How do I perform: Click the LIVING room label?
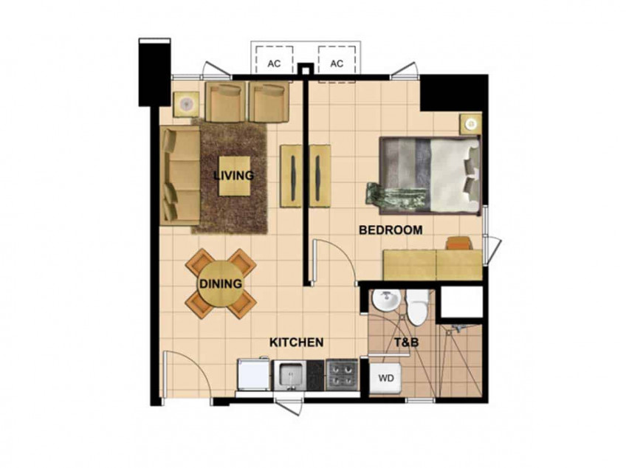pos(233,176)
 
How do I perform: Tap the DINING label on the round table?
pos(220,283)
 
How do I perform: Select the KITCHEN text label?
pos(296,343)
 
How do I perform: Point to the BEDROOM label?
pos(391,230)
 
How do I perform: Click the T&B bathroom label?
pos(405,343)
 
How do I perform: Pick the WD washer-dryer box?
pos(386,378)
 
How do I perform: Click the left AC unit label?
pos(273,63)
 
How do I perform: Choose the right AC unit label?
pos(337,63)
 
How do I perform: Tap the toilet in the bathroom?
pos(419,306)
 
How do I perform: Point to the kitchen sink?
pos(291,375)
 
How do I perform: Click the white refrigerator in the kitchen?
pos(253,376)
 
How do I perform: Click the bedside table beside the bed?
pos(469,124)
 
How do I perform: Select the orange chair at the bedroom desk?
pos(458,243)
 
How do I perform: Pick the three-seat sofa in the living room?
pos(180,176)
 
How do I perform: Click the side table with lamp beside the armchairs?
pos(186,104)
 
